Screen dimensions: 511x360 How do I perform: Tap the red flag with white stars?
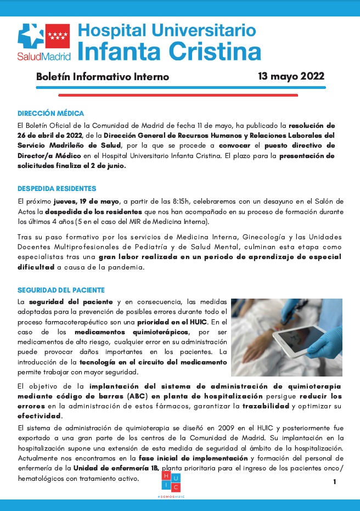tap(57, 36)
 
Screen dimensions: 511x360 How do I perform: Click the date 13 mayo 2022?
tap(291, 76)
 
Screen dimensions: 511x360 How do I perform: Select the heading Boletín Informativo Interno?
tap(103, 77)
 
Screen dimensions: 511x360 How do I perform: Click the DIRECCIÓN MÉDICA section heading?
tap(50, 114)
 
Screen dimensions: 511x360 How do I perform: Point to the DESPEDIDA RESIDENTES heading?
tap(57, 189)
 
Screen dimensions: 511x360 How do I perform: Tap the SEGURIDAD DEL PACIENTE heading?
tap(61, 290)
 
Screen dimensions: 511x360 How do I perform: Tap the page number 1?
tap(334, 481)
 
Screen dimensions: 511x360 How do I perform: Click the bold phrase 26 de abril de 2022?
tap(50, 135)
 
